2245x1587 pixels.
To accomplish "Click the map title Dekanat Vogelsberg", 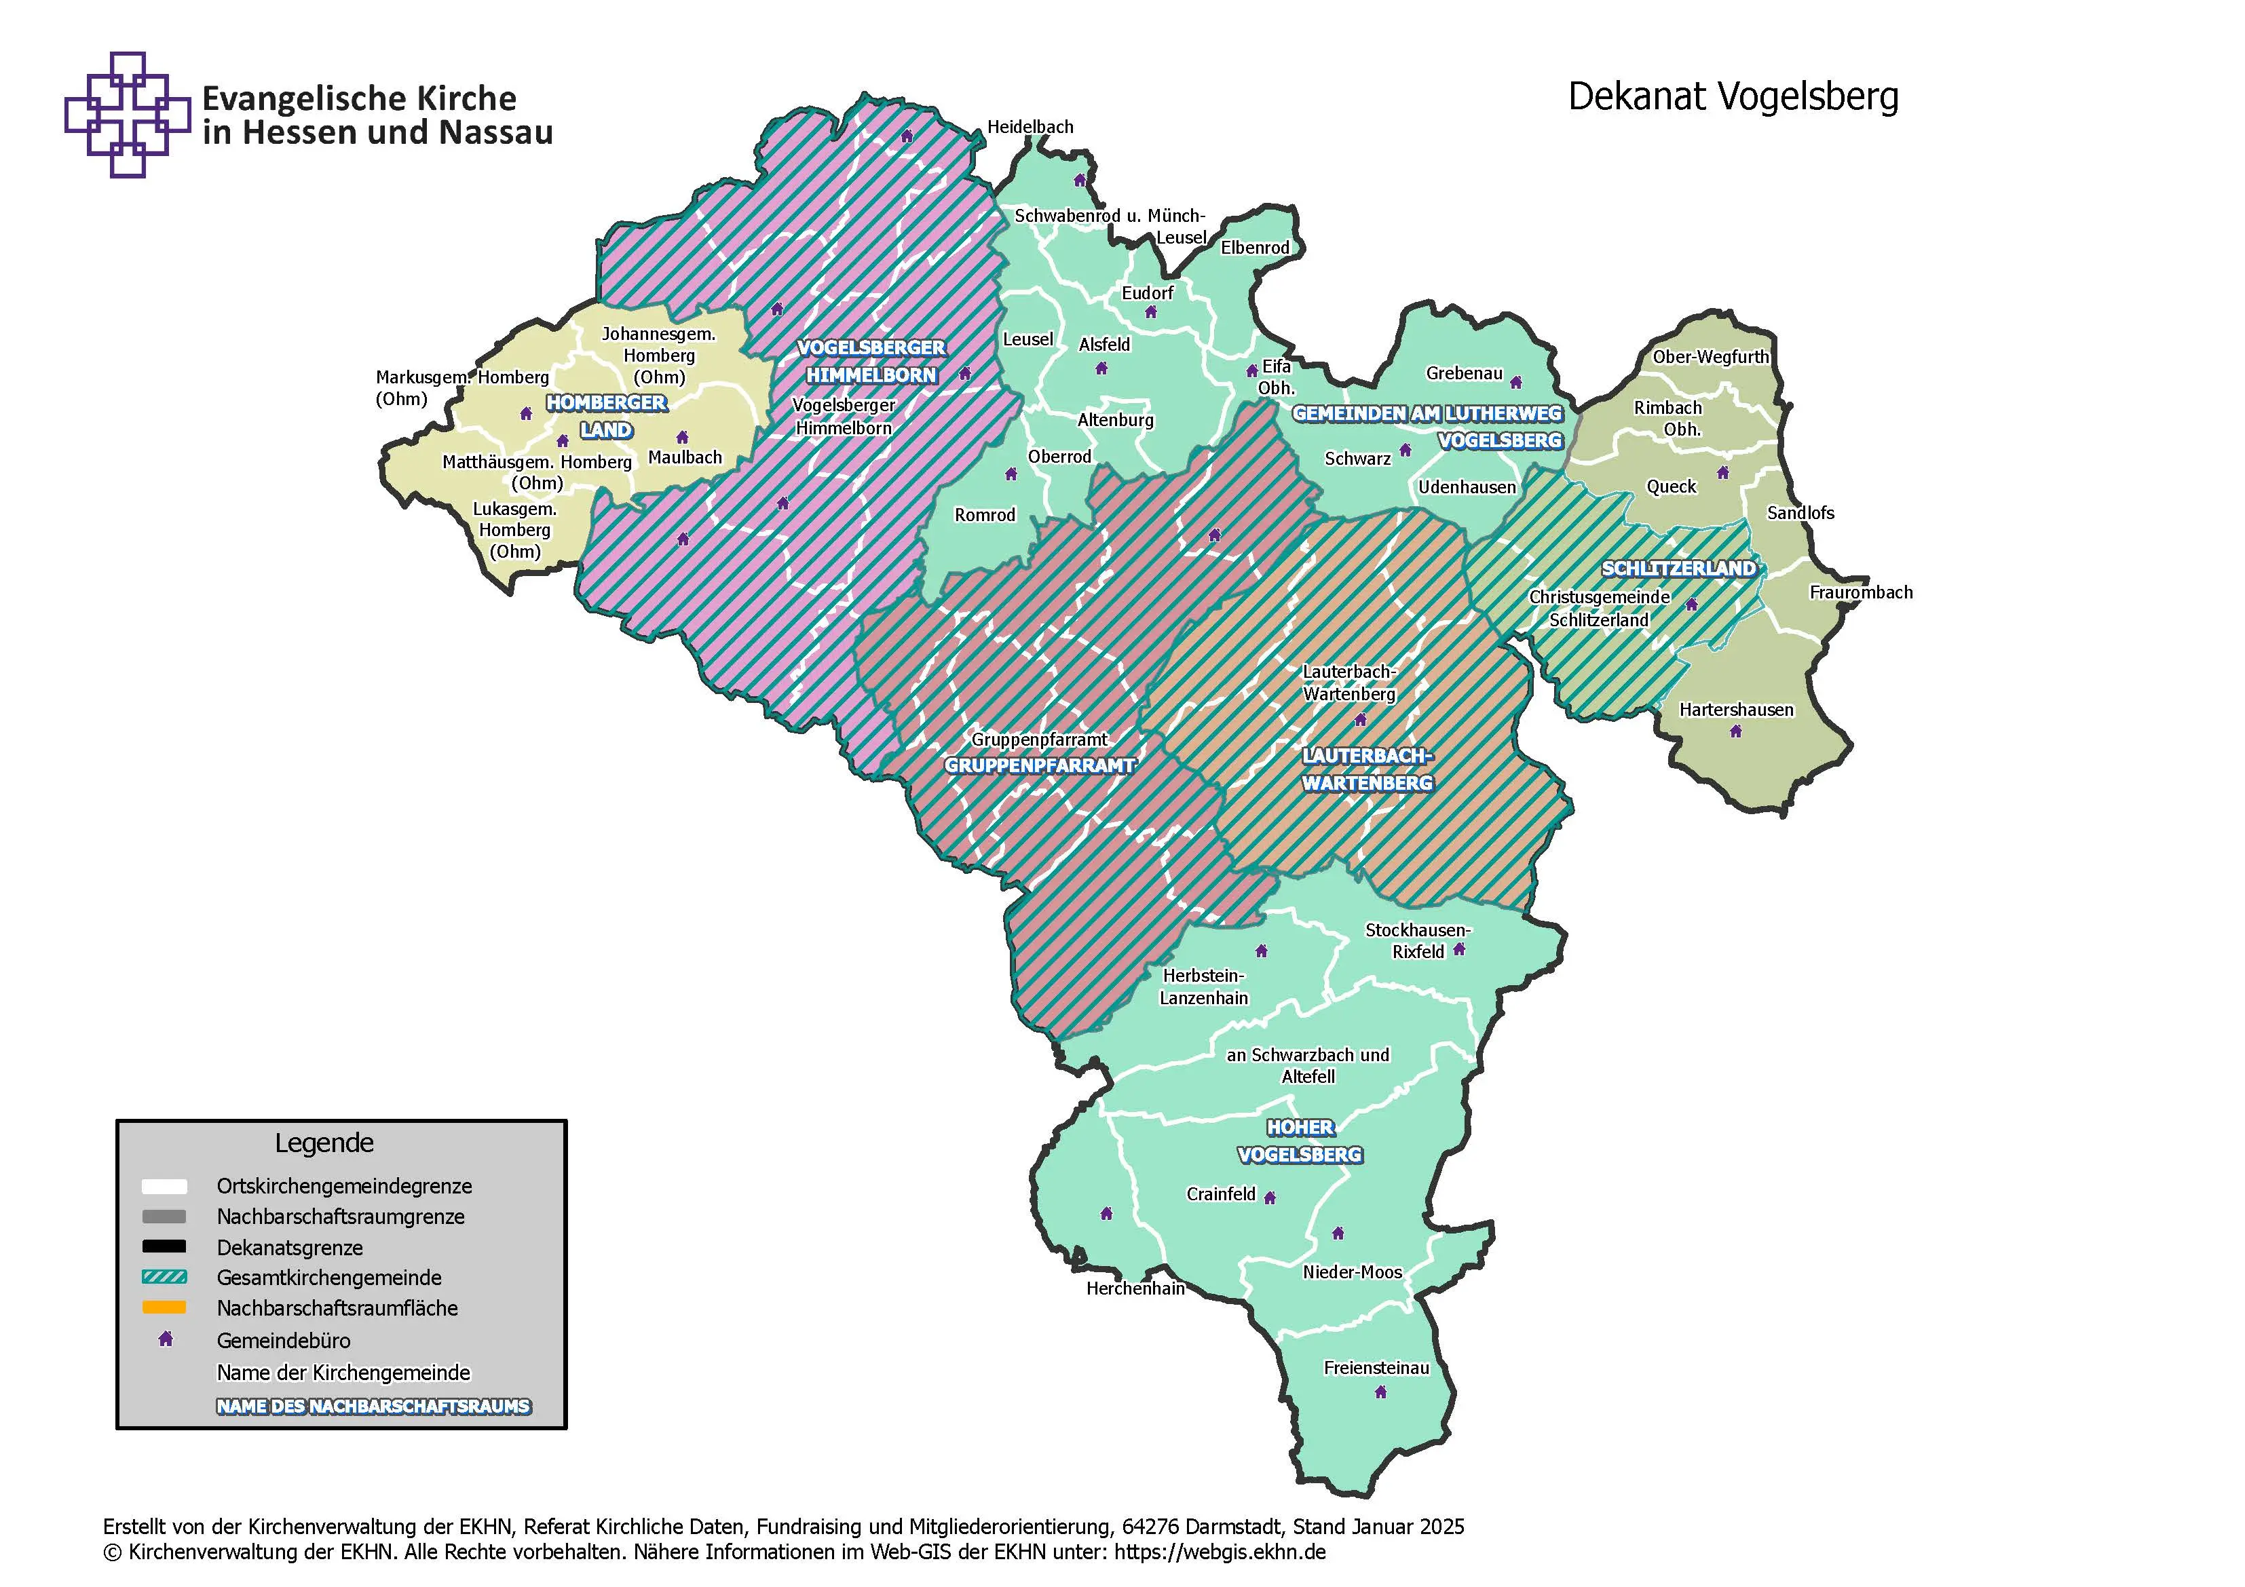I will tap(1733, 97).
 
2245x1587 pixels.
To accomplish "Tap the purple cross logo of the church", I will tap(127, 115).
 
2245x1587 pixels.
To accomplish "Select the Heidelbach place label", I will tap(1030, 127).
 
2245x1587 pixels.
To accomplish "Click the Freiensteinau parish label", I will tap(1376, 1368).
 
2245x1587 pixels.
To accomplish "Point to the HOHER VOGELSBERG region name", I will tap(1300, 1141).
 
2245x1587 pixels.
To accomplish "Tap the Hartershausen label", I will tap(1735, 710).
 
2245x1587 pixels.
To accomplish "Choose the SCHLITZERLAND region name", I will tap(1678, 568).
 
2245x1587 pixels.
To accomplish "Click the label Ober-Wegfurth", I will tap(1710, 357).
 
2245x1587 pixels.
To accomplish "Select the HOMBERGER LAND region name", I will tap(606, 417).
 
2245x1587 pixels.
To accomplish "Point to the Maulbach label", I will tap(685, 457).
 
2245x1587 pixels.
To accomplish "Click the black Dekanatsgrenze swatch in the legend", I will tap(164, 1246).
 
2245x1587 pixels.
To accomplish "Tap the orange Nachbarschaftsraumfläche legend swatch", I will tap(164, 1307).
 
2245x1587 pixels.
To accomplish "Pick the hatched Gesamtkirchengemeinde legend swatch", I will tap(164, 1277).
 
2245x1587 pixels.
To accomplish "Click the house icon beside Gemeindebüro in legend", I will tap(165, 1339).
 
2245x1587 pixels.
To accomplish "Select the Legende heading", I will tap(324, 1143).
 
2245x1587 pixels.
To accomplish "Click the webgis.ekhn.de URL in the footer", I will tap(1220, 1552).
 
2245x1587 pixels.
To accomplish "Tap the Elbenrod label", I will tap(1255, 248).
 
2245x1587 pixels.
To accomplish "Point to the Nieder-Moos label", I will tap(1351, 1272).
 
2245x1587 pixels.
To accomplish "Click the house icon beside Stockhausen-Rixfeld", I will tap(1459, 949).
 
